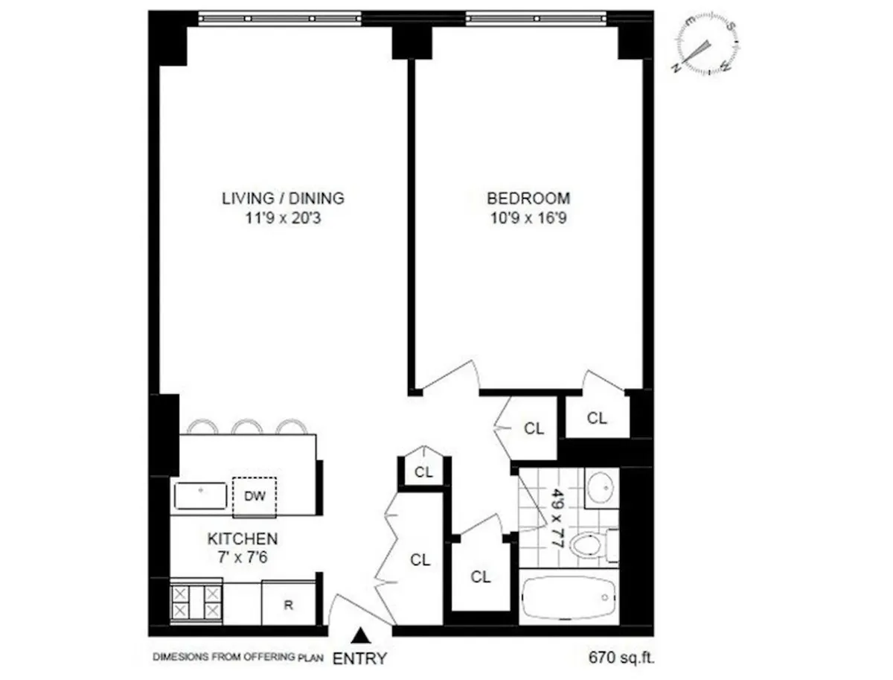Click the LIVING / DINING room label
coord(283,198)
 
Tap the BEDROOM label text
coord(528,198)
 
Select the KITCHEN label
coord(243,538)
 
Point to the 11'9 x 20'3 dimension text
coord(283,218)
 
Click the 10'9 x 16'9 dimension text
coord(528,218)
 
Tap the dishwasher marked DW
coord(255,495)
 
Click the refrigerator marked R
coord(289,604)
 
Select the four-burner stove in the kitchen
coord(196,602)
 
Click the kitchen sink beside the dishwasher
coord(200,495)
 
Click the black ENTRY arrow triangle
coord(361,635)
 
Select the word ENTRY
coord(360,658)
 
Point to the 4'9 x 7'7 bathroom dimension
coord(554,518)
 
